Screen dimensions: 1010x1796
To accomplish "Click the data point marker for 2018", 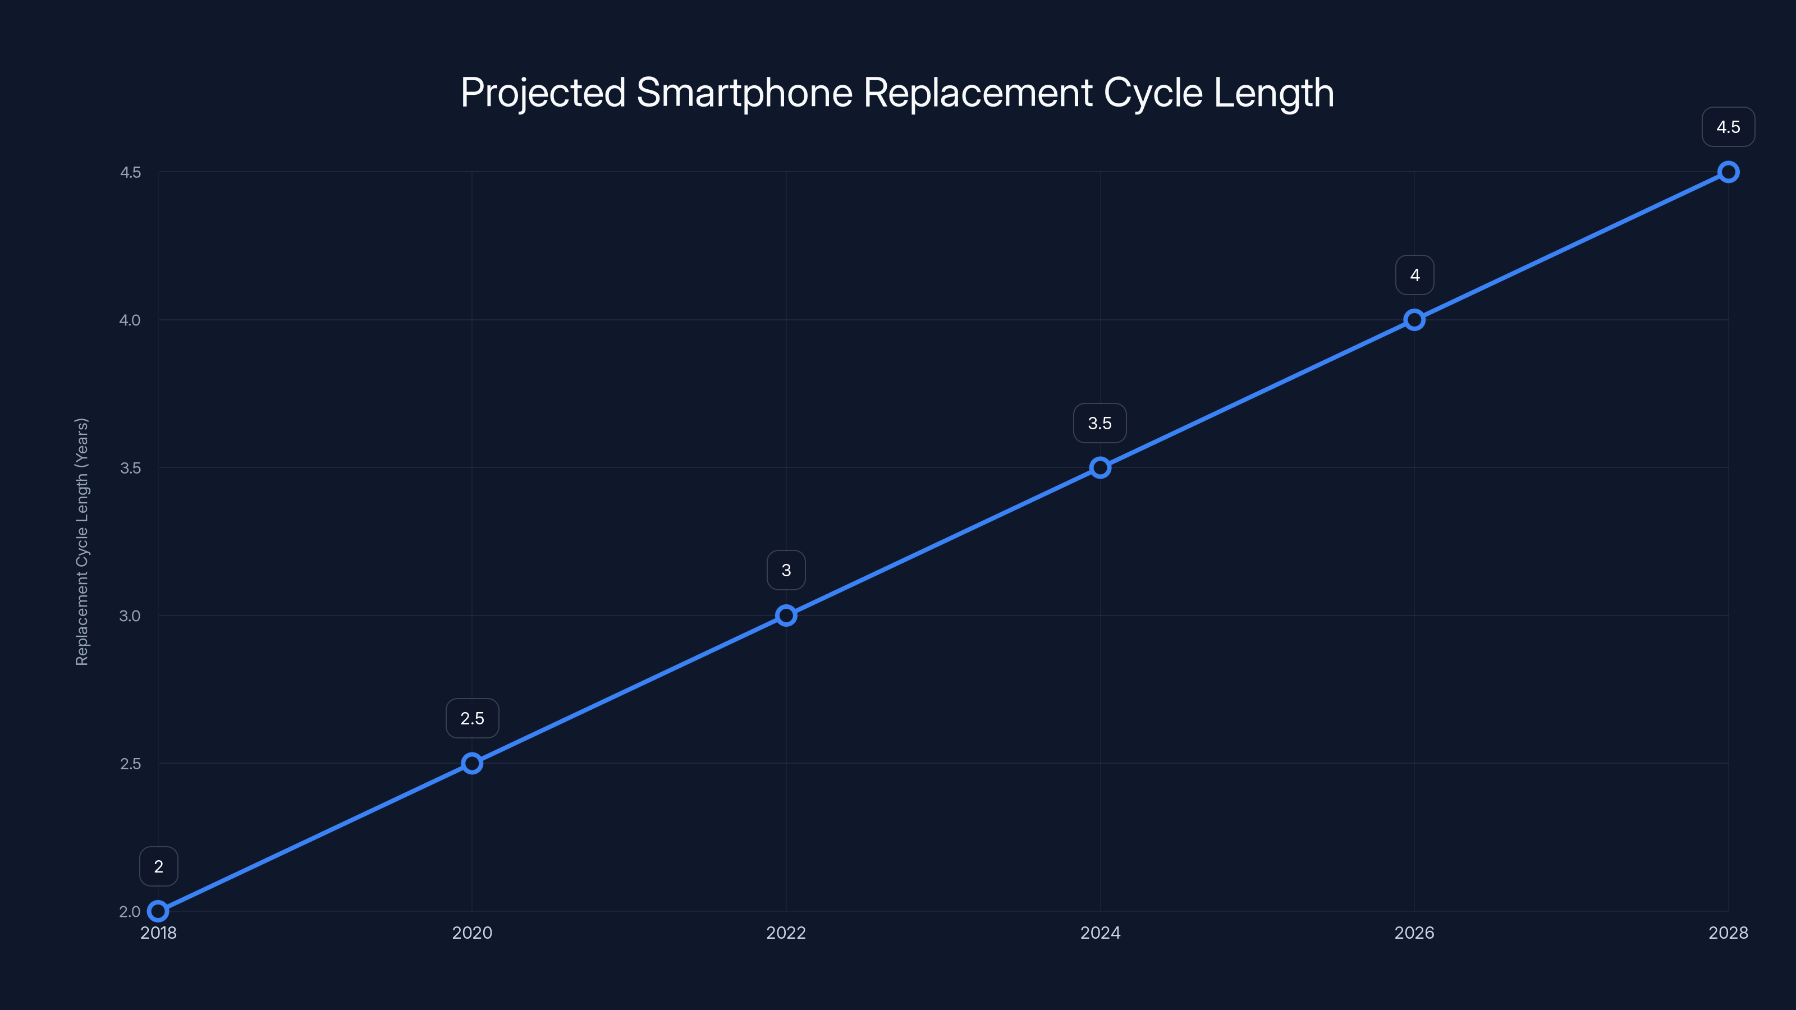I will point(158,911).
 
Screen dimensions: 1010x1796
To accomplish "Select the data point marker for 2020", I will point(472,763).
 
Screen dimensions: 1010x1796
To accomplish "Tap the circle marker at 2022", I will point(786,616).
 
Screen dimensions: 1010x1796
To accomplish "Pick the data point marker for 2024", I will point(1100,468).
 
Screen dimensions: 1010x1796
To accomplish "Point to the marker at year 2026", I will point(1414,320).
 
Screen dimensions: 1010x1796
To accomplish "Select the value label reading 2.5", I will point(472,719).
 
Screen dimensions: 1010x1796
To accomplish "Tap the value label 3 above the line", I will point(786,570).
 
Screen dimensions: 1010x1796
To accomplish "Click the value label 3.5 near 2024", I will point(1099,423).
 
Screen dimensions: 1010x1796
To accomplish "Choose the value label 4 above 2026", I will point(1414,276).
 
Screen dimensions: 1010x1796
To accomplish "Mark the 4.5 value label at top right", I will point(1728,127).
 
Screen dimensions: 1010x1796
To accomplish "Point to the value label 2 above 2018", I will point(158,866).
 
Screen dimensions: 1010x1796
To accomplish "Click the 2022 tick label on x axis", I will point(786,933).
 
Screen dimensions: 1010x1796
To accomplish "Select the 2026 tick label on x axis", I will point(1414,933).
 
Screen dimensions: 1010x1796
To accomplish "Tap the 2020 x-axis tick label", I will point(472,933).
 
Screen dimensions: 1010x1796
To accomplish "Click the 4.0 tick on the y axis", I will point(130,320).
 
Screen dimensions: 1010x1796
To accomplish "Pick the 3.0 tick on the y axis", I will point(130,616).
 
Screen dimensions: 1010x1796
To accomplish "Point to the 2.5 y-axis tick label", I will point(130,763).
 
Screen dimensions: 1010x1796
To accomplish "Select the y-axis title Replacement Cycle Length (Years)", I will point(81,541).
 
